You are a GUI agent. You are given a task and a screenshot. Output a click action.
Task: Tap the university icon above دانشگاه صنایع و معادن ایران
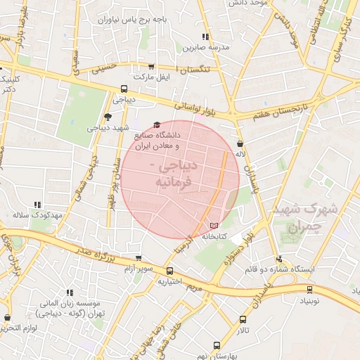(156, 124)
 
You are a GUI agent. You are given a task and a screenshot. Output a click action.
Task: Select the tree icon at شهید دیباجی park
(107, 117)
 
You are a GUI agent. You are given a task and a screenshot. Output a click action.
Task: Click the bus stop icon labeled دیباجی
(124, 89)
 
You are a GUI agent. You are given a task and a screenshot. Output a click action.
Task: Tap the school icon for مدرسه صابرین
(205, 37)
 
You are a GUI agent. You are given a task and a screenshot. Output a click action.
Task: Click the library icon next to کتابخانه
(214, 225)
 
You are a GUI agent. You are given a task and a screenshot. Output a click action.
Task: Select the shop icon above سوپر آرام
(137, 258)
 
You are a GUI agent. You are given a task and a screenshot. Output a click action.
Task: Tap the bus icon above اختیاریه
(169, 271)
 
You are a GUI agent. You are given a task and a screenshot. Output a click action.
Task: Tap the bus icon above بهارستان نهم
(216, 345)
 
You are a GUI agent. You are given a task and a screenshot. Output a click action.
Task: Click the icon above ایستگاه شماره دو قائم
(280, 259)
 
